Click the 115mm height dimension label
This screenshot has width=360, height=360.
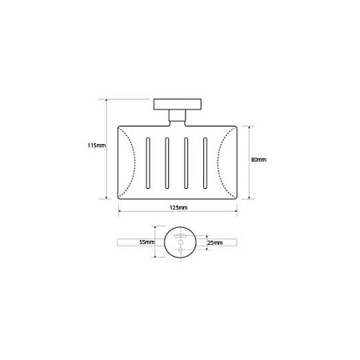[97, 146]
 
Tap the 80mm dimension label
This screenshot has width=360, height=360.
[258, 160]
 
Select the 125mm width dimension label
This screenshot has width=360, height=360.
[178, 207]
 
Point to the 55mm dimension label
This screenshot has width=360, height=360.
[147, 242]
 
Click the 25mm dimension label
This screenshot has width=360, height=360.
[215, 242]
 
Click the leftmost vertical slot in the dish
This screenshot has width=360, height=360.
[148, 163]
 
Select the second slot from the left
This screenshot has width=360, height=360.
[167, 163]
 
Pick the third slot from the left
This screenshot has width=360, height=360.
[186, 163]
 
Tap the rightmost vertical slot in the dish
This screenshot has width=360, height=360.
[205, 163]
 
